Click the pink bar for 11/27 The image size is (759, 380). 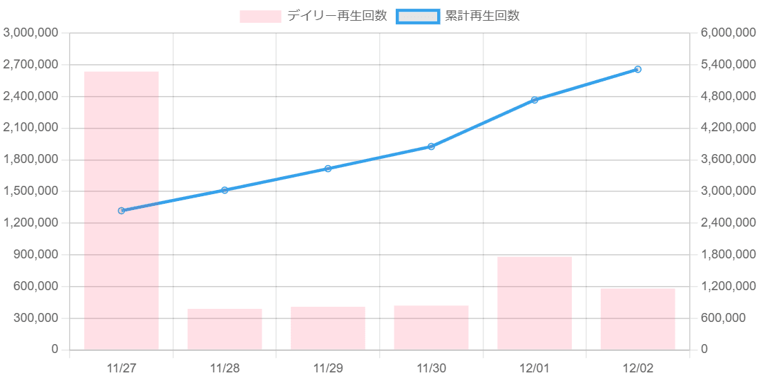pyautogui.click(x=122, y=210)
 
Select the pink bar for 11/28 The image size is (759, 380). pyautogui.click(x=224, y=329)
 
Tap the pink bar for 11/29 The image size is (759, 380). pyautogui.click(x=328, y=328)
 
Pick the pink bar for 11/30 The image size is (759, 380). pyautogui.click(x=431, y=327)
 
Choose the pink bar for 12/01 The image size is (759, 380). pyautogui.click(x=535, y=303)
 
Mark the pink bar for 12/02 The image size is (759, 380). pyautogui.click(x=637, y=319)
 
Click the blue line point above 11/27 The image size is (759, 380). pyautogui.click(x=122, y=210)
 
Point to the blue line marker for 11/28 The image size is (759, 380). pyautogui.click(x=224, y=190)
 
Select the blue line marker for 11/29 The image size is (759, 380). pyautogui.click(x=328, y=169)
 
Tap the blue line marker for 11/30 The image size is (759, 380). pyautogui.click(x=431, y=146)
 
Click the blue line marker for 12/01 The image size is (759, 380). pyautogui.click(x=535, y=100)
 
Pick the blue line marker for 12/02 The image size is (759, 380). pyautogui.click(x=637, y=70)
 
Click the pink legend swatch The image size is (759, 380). pyautogui.click(x=260, y=17)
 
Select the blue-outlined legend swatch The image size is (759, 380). pyautogui.click(x=418, y=17)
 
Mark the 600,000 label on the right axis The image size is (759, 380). pyautogui.click(x=724, y=319)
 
